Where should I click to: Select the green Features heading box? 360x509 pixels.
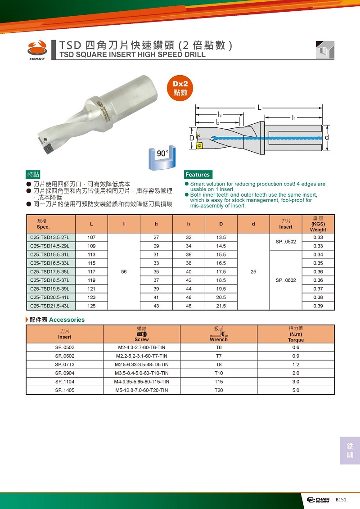point(198,175)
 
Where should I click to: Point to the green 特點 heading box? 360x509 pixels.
point(33,175)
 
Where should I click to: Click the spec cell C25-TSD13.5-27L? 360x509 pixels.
point(50,237)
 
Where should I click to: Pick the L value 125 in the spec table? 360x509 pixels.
point(91,306)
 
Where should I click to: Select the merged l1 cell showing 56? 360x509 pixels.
point(124,272)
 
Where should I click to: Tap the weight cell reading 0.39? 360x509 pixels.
point(318,306)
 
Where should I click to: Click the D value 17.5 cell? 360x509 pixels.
point(221,272)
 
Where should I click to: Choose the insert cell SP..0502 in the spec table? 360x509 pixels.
point(285,242)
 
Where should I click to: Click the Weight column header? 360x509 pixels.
point(318,224)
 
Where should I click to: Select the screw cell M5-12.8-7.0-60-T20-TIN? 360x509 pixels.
point(141,390)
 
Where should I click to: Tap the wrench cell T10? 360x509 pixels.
point(219,373)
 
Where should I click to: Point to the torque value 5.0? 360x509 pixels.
point(296,390)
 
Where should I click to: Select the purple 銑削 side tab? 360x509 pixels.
point(350,450)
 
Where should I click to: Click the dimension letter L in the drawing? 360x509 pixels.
point(260,107)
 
